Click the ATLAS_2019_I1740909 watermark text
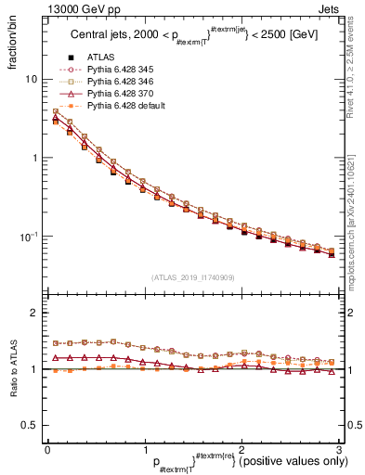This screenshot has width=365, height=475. [x=192, y=276]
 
